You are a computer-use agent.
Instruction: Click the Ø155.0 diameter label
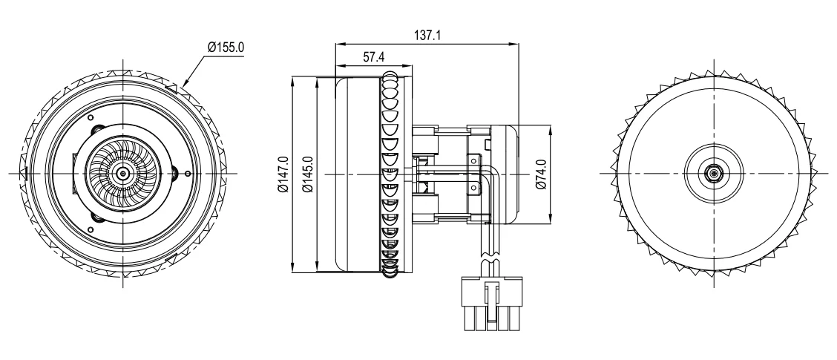226,47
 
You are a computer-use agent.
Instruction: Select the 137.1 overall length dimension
427,36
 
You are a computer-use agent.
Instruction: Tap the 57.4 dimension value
374,57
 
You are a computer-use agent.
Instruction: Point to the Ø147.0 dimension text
283,174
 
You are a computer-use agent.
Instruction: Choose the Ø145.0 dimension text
307,174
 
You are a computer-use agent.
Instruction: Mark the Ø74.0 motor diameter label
541,174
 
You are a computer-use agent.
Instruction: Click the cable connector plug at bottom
492,303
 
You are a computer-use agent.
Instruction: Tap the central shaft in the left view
124,173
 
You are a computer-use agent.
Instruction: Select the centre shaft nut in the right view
712,173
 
